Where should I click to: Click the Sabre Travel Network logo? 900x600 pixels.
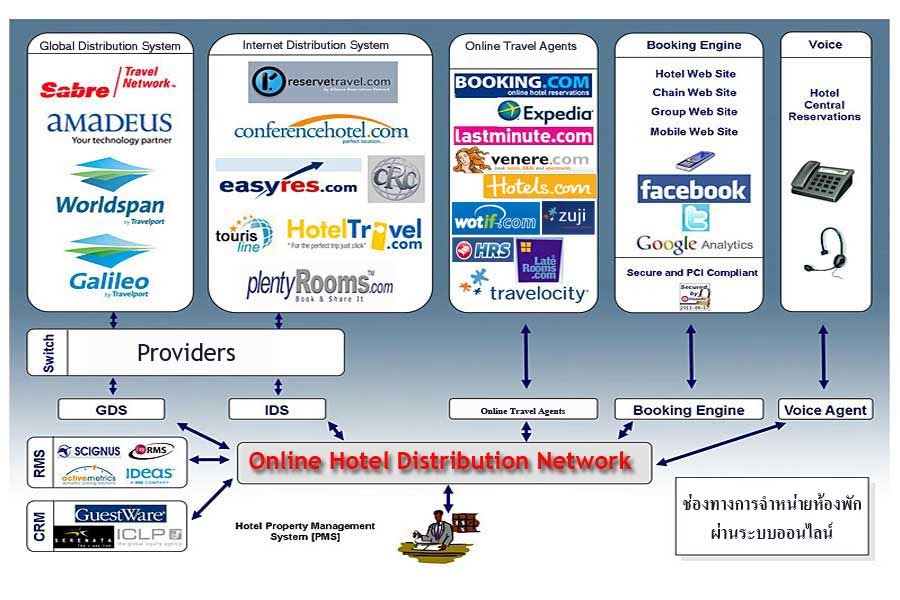coord(108,84)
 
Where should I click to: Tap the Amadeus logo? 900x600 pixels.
coord(109,126)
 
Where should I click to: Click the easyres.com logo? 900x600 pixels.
coord(287,185)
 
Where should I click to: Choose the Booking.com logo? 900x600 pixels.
coord(523,84)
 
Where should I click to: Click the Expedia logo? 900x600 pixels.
coord(545,112)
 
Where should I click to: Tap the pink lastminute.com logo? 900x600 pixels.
coord(523,136)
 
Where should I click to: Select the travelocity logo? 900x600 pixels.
coord(524,292)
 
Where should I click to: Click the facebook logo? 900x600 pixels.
coord(693,189)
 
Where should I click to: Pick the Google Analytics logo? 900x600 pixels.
coord(694,244)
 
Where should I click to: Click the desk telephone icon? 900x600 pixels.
coord(822,180)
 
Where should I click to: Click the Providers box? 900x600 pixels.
coord(186,353)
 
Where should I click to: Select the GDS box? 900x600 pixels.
coord(110,409)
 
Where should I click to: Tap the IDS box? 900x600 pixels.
coord(276,409)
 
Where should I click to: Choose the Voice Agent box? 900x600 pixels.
coord(825,410)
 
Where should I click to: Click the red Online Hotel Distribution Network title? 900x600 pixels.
coord(441,461)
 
